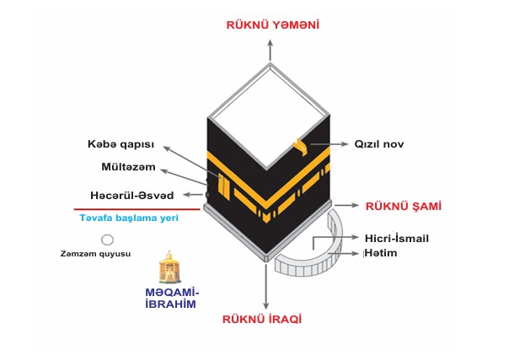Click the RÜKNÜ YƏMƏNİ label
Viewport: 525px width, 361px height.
click(272, 25)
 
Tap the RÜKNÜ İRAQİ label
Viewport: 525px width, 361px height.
click(262, 319)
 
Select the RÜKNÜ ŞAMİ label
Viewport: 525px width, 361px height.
click(404, 206)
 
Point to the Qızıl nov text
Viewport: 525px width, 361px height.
click(379, 144)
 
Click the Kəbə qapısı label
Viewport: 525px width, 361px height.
click(121, 144)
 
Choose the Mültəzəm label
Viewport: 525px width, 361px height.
click(129, 167)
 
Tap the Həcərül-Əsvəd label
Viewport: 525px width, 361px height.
click(132, 196)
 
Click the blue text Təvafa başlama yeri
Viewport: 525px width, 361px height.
click(129, 218)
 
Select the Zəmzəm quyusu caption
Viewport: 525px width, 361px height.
click(96, 254)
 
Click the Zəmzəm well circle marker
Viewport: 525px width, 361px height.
click(108, 240)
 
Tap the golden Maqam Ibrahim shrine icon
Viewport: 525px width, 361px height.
click(169, 267)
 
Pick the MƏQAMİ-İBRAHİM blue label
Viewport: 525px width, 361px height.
click(172, 299)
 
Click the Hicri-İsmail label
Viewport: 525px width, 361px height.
click(397, 239)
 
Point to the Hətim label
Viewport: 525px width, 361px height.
click(381, 253)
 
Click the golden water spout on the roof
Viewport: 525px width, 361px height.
click(301, 147)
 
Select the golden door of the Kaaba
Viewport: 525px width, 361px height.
click(223, 186)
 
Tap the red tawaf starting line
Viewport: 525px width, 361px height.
click(137, 209)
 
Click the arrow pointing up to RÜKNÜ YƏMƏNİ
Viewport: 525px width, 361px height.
click(271, 51)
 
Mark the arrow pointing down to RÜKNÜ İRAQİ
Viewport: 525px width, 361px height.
click(265, 287)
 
